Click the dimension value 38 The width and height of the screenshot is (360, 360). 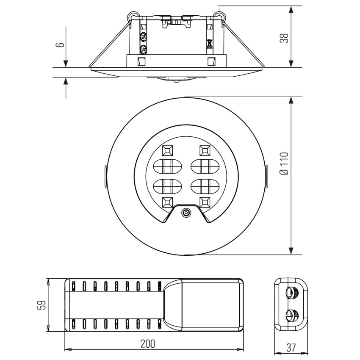tap(284, 38)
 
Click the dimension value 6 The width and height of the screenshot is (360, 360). tap(60, 44)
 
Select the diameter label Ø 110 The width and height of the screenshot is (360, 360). tap(284, 163)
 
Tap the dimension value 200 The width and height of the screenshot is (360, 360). tap(148, 344)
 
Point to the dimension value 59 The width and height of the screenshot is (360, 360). tap(42, 305)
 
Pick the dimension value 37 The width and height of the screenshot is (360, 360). tap(291, 348)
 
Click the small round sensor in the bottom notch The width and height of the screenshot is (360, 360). tap(186, 213)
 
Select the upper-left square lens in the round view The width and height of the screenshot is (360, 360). tap(167, 150)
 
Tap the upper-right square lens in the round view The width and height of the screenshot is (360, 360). tap(205, 150)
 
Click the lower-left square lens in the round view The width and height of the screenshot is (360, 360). tap(167, 202)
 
